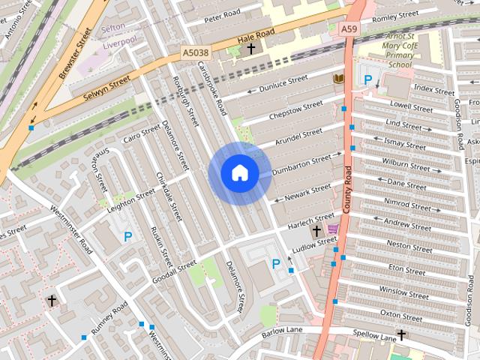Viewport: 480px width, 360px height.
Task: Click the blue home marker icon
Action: tap(240, 173)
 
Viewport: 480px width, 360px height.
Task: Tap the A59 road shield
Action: tap(349, 28)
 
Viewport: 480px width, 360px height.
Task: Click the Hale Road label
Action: tap(255, 36)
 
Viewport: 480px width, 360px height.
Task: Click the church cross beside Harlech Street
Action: tap(316, 230)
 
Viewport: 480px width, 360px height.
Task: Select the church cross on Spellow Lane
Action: tap(400, 334)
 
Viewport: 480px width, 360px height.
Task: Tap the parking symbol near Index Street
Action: tap(367, 79)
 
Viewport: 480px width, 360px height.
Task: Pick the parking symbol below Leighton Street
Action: tap(127, 237)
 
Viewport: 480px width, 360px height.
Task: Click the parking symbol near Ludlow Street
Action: tap(276, 263)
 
